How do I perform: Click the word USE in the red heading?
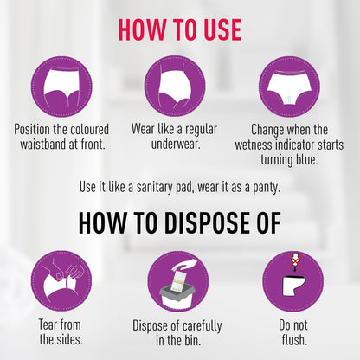(222, 29)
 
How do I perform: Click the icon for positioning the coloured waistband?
(61, 87)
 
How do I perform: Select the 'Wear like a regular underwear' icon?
(175, 87)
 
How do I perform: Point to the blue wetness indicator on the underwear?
(289, 99)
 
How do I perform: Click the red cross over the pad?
(294, 261)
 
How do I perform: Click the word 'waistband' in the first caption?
(43, 145)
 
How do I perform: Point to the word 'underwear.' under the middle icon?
(176, 145)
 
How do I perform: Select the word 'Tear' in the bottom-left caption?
(48, 325)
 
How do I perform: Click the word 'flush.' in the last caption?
(294, 340)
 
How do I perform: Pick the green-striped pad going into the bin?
(177, 280)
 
